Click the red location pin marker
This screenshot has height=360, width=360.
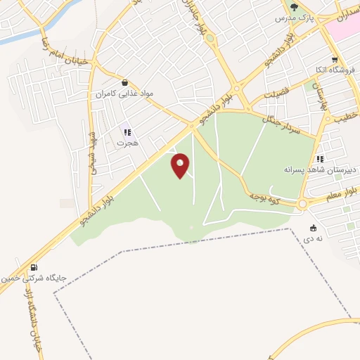[x=181, y=166]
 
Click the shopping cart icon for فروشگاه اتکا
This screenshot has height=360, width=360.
[x=335, y=60]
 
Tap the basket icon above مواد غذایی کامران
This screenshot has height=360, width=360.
[x=124, y=82]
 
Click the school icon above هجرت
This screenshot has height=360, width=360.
[x=127, y=132]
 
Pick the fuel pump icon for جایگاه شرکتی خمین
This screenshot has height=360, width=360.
[x=34, y=267]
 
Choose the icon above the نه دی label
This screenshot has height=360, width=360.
[x=313, y=228]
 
